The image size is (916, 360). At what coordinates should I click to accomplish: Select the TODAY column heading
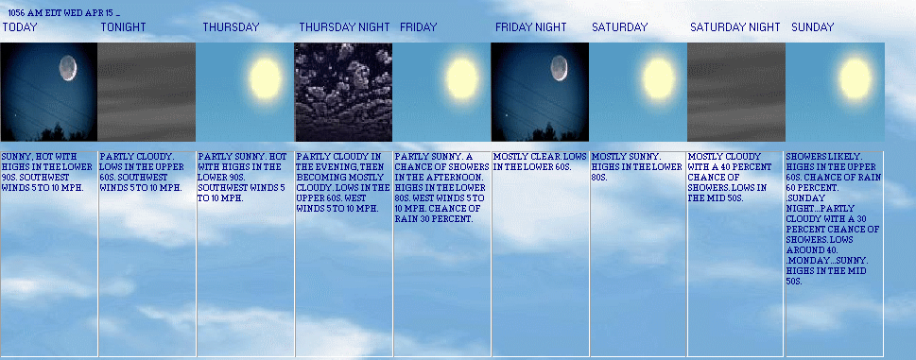[19, 27]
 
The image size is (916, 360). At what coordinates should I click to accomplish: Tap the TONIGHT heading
[123, 27]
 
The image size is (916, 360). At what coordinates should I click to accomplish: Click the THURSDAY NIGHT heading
[344, 27]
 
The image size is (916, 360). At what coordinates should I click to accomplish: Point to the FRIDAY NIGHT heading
[530, 27]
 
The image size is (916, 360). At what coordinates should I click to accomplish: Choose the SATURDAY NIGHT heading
[735, 27]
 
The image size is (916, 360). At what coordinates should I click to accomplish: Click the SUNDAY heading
[813, 27]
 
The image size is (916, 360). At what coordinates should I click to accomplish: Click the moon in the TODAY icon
[67, 68]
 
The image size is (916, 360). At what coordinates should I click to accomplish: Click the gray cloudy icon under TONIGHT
[147, 92]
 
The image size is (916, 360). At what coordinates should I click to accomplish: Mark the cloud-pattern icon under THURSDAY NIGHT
[343, 92]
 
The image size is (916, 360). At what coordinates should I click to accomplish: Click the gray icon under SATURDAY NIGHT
[735, 92]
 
